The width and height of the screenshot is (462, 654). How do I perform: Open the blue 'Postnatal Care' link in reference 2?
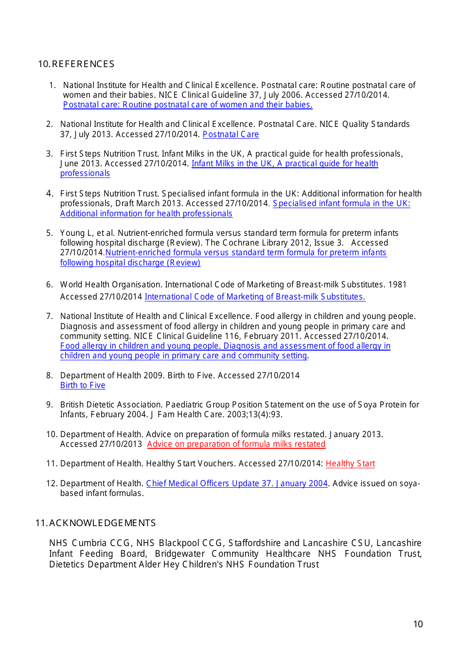click(x=231, y=134)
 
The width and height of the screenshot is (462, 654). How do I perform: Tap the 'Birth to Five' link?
click(x=83, y=385)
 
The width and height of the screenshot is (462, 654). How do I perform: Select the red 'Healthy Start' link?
click(x=350, y=463)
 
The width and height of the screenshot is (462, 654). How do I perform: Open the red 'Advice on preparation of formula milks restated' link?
click(x=236, y=444)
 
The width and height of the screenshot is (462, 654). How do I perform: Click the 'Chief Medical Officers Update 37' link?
click(x=237, y=483)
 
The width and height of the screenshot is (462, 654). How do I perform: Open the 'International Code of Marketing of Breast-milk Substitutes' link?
click(x=255, y=297)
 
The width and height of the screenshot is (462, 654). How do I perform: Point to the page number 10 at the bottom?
click(x=418, y=624)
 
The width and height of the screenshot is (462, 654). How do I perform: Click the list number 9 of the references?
click(x=49, y=405)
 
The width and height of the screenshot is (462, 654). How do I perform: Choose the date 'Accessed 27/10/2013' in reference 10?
click(x=101, y=444)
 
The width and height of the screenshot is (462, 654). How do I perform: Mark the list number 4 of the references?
click(x=49, y=194)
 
